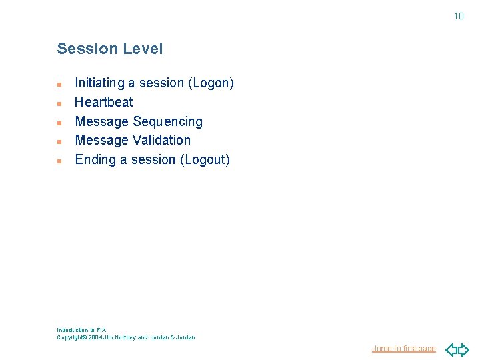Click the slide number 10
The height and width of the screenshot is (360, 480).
(459, 16)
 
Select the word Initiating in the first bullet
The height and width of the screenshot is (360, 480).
(99, 83)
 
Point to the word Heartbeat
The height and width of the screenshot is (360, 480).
(104, 102)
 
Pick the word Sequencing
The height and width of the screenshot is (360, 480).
(167, 121)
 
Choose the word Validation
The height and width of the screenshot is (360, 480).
(161, 140)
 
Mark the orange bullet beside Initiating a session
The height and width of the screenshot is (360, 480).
(59, 85)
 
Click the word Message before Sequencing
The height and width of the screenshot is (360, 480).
(102, 121)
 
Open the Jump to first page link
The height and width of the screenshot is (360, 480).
(403, 349)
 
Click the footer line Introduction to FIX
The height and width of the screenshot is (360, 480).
(81, 330)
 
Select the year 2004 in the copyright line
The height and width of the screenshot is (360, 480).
(95, 337)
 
